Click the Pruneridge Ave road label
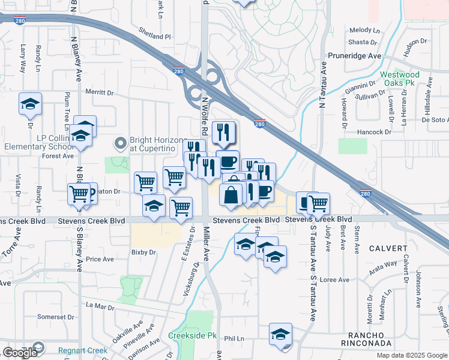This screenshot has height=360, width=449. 355,56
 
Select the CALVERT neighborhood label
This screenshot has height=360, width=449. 388,248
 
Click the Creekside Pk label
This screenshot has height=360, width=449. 187,335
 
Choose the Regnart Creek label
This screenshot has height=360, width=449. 83,350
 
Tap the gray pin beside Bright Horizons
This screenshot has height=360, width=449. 120,143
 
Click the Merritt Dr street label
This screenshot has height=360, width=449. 99,92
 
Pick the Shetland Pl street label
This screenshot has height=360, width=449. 155,36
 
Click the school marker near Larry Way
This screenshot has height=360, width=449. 30,104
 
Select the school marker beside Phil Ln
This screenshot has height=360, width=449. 280,334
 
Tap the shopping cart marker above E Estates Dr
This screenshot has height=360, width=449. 181,207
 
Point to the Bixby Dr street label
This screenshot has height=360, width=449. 143,253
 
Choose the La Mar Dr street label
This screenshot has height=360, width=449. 100,307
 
